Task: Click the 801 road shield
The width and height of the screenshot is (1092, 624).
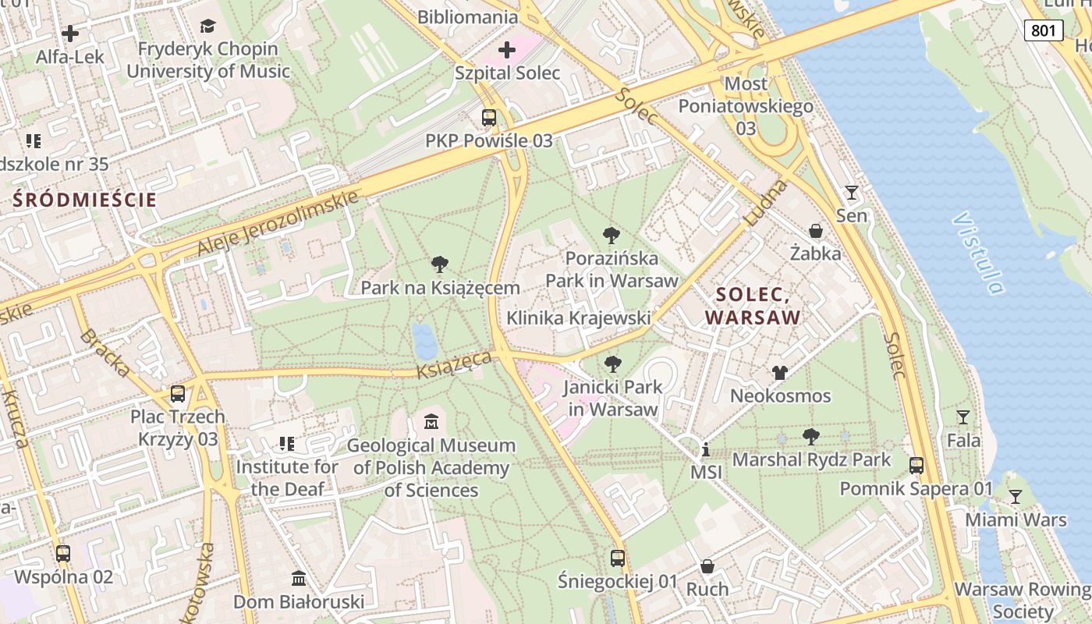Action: [1043, 30]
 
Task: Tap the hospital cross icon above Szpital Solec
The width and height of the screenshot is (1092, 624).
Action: [507, 51]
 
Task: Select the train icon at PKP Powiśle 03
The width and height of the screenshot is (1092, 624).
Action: [489, 118]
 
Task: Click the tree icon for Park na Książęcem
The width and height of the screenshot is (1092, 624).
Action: [440, 264]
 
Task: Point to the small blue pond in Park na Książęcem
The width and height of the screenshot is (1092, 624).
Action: [424, 341]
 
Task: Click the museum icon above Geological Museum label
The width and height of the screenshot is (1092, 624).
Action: [431, 422]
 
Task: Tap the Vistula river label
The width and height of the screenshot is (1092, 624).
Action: [977, 253]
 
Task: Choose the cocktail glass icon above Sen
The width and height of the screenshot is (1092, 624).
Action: [851, 192]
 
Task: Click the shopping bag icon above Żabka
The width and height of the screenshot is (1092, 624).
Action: [816, 231]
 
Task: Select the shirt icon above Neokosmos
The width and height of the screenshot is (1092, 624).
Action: [780, 373]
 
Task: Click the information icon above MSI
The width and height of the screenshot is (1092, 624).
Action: [705, 450]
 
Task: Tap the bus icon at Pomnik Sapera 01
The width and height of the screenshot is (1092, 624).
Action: [916, 466]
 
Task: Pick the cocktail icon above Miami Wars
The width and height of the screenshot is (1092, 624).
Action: [1015, 496]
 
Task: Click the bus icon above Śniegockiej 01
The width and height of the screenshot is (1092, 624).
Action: [618, 558]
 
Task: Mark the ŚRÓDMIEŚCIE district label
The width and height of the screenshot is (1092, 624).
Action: [85, 200]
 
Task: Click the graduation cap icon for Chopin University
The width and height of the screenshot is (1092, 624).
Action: [207, 27]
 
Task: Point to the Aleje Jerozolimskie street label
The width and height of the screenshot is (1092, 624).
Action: [278, 222]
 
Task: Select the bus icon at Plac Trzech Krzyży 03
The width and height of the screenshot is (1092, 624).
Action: [178, 394]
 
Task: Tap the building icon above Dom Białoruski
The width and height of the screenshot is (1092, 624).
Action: [299, 579]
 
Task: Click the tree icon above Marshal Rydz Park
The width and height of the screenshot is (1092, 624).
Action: [811, 437]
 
